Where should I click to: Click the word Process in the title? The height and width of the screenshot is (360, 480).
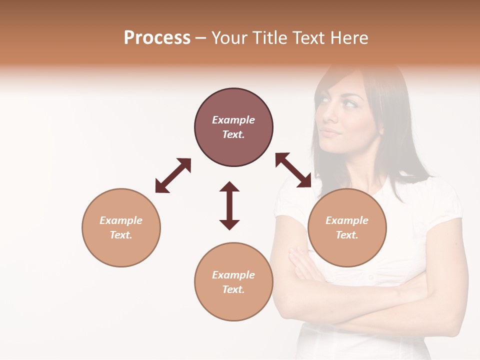coord(157,38)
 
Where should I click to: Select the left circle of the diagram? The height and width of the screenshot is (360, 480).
coord(121,227)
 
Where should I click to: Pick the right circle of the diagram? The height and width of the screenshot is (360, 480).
coord(347,227)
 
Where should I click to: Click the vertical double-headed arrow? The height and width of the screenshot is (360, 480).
coord(229,205)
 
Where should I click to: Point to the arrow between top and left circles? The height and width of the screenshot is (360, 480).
coord(173,175)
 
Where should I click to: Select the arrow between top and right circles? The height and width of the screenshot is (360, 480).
coord(293,170)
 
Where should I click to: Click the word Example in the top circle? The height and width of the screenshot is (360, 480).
coord(233,120)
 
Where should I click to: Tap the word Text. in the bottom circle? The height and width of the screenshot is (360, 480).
coord(233,289)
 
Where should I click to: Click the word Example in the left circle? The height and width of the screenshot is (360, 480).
coord(121,220)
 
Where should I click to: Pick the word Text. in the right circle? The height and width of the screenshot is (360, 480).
coord(347,235)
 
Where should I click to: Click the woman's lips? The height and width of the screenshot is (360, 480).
coord(329,132)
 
